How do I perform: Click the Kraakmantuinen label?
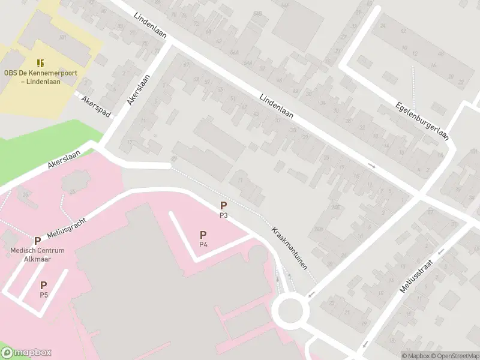[293, 247]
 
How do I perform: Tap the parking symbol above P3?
[223, 205]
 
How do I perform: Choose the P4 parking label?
[203, 244]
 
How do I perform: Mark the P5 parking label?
[44, 295]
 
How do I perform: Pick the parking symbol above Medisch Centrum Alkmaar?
[37, 241]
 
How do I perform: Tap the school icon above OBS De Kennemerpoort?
[41, 63]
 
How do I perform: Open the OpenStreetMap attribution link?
[454, 356]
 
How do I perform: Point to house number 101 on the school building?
[62, 37]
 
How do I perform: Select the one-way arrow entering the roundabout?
[311, 293]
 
